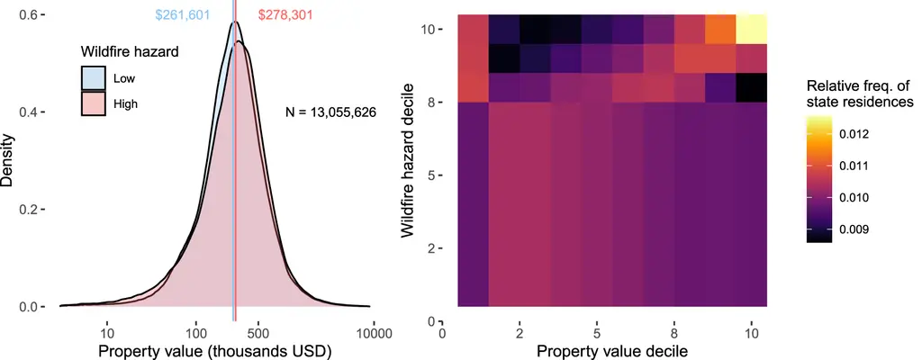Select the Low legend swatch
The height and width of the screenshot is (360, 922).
(x=93, y=78)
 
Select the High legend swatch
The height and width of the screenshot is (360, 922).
(x=93, y=103)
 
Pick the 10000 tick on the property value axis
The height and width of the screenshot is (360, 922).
(x=372, y=334)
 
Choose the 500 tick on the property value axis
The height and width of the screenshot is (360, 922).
(x=258, y=334)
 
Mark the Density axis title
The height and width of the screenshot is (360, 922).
(x=8, y=160)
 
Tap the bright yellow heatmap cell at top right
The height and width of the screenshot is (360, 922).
(x=750, y=29)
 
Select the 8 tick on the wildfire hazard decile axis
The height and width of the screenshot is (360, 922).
(x=431, y=103)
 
